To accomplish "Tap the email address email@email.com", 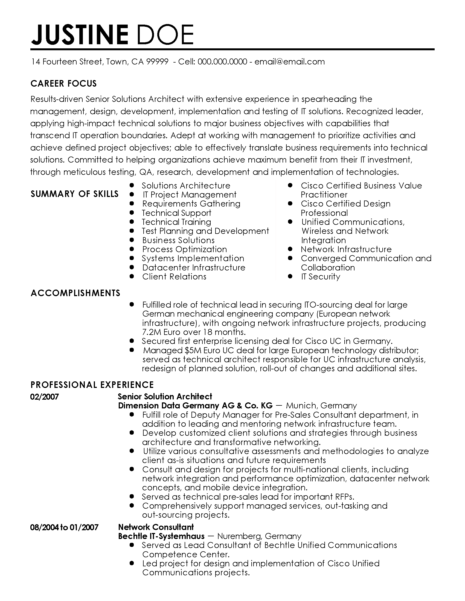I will [x=289, y=62].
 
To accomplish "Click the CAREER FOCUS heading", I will [x=64, y=84].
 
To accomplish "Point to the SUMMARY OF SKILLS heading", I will [x=74, y=194].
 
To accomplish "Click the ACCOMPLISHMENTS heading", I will [x=75, y=293].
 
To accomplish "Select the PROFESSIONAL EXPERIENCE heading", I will [x=92, y=384].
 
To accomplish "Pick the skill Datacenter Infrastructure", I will [x=194, y=267].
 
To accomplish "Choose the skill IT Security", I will [x=320, y=276].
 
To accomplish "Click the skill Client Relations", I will [x=174, y=276].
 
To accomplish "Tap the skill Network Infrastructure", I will [x=346, y=249].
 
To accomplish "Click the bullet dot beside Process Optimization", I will [x=132, y=249].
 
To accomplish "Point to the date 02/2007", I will [x=45, y=397].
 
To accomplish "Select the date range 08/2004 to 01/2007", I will [x=64, y=527].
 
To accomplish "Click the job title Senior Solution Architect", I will [x=165, y=397].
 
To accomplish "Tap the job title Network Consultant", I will [x=156, y=527].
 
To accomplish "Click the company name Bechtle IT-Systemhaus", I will [x=161, y=536].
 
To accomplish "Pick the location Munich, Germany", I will [x=321, y=406].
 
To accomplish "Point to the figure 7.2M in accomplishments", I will [x=152, y=332].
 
